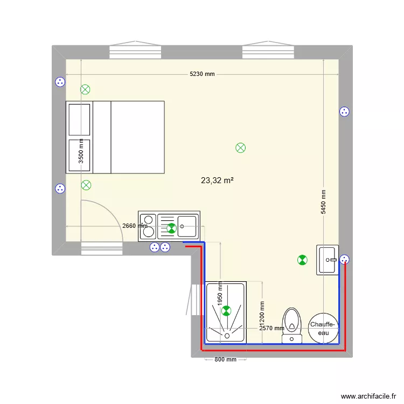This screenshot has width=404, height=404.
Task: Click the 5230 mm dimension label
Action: (x=202, y=74)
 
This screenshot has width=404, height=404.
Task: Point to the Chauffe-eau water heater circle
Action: (x=323, y=329)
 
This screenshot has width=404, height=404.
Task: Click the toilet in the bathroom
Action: (x=291, y=324)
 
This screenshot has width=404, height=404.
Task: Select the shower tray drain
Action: (x=226, y=336)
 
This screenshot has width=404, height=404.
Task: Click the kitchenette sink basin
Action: (x=187, y=225)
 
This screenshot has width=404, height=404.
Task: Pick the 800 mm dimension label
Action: (x=225, y=359)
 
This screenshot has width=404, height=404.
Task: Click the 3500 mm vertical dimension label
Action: (x=81, y=151)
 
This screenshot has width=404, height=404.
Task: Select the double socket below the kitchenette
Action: (x=160, y=248)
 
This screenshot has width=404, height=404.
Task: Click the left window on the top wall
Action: (x=136, y=52)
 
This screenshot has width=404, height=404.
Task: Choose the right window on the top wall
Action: (x=268, y=52)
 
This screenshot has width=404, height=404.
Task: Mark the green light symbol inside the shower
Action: (x=226, y=310)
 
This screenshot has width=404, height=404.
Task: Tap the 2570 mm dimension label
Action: (x=271, y=328)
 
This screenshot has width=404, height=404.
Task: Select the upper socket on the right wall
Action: (x=344, y=112)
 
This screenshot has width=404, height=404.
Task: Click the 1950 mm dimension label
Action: (x=220, y=305)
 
